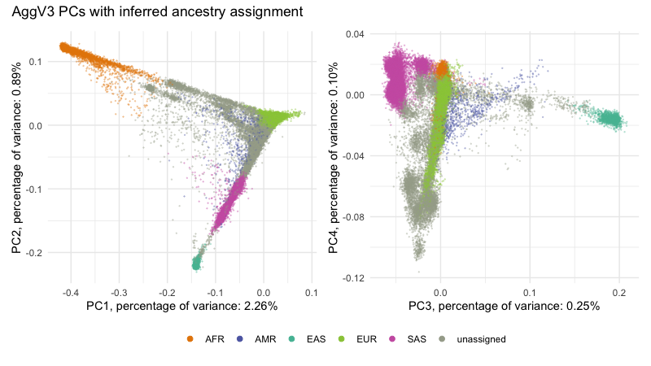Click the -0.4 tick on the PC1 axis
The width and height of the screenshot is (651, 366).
(x=71, y=290)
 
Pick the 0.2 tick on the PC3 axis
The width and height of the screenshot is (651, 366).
(x=618, y=290)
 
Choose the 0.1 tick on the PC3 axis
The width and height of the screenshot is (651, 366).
(x=529, y=290)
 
